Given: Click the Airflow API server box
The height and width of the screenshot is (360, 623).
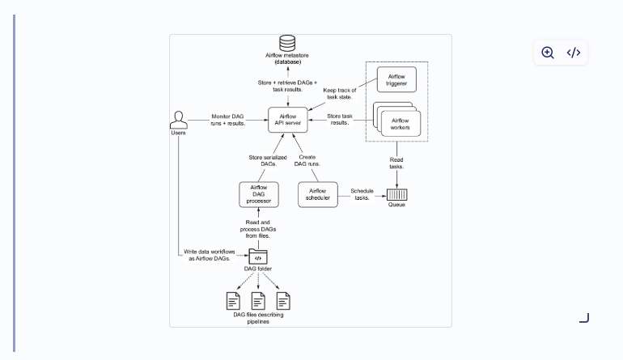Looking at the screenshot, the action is [288, 120].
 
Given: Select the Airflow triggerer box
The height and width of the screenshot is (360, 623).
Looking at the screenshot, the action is [396, 79].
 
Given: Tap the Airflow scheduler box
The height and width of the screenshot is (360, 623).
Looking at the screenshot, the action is [318, 194].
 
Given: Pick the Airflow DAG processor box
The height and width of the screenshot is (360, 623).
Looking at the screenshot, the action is [259, 194].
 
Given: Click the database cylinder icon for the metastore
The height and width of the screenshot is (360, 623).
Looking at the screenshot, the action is [287, 44].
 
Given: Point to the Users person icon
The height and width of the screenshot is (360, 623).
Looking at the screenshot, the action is [178, 120].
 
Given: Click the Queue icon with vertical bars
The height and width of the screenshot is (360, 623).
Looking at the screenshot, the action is [397, 195].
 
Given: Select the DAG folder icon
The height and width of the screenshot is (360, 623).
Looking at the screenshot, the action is [258, 256].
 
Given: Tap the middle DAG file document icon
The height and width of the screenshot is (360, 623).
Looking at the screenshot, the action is [258, 301].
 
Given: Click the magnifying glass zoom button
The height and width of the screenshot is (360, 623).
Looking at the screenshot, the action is [548, 53].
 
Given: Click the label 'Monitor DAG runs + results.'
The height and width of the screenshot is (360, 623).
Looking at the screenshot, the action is [227, 120].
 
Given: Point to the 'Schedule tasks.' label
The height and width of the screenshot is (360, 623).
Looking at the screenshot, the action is [362, 194].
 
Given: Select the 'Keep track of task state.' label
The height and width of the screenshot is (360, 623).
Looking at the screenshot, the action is [340, 93].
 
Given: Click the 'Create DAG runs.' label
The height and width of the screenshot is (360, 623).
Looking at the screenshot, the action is [307, 160].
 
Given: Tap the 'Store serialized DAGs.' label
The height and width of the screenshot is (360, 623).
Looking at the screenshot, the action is [268, 160].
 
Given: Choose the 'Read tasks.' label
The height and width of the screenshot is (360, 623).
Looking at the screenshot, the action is [396, 163].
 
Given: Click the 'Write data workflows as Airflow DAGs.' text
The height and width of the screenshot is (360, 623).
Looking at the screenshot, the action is [210, 255].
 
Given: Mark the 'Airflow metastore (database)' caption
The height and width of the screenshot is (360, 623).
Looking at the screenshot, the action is [287, 58].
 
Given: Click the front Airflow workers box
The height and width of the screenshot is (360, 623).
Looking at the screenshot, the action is [400, 124].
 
